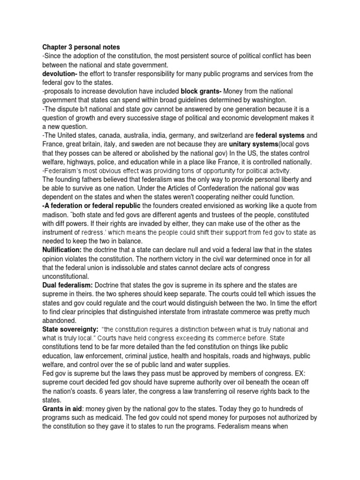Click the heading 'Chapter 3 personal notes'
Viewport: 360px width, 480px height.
(x=81, y=47)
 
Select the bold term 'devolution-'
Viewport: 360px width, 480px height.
(x=60, y=74)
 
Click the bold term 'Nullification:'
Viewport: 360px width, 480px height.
(x=62, y=249)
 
